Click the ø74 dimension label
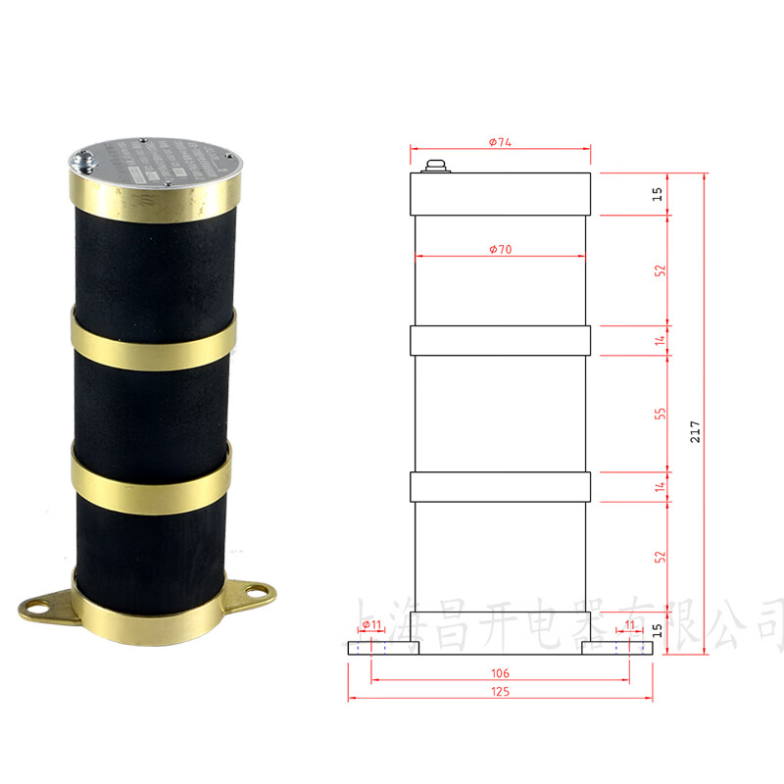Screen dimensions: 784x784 click(x=500, y=142)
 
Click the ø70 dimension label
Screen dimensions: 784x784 click(x=500, y=250)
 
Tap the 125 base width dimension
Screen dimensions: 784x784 click(x=500, y=691)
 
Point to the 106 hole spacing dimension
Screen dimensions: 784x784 click(x=500, y=674)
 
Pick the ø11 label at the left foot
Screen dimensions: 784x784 click(x=371, y=624)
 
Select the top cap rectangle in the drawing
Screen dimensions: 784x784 click(x=500, y=194)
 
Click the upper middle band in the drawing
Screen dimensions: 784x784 click(x=500, y=339)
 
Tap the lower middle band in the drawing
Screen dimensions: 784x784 click(x=500, y=486)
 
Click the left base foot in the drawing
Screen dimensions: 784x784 click(x=383, y=648)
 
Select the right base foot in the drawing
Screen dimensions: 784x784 click(x=616, y=648)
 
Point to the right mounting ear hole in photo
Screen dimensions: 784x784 click(x=257, y=590)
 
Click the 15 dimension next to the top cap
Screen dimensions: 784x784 click(x=659, y=194)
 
